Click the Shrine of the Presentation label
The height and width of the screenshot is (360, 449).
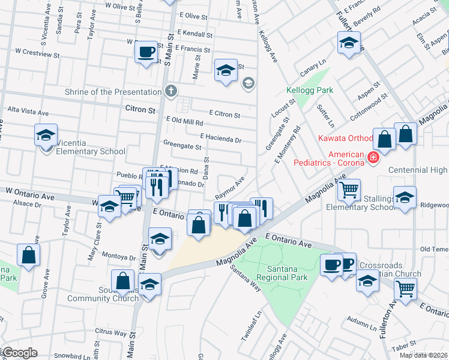click(112, 92)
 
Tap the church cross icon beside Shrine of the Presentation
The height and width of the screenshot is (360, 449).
click(170, 92)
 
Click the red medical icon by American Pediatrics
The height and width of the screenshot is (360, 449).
click(373, 158)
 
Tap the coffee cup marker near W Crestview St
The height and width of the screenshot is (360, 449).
click(146, 52)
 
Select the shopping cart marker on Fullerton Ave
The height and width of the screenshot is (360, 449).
click(406, 289)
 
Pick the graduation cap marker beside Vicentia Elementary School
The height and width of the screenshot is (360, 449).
click(46, 136)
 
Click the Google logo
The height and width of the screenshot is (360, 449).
click(19, 353)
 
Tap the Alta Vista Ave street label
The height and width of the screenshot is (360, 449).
click(27, 112)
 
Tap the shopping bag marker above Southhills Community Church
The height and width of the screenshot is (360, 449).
click(123, 280)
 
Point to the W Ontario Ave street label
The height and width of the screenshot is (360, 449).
click(30, 190)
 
